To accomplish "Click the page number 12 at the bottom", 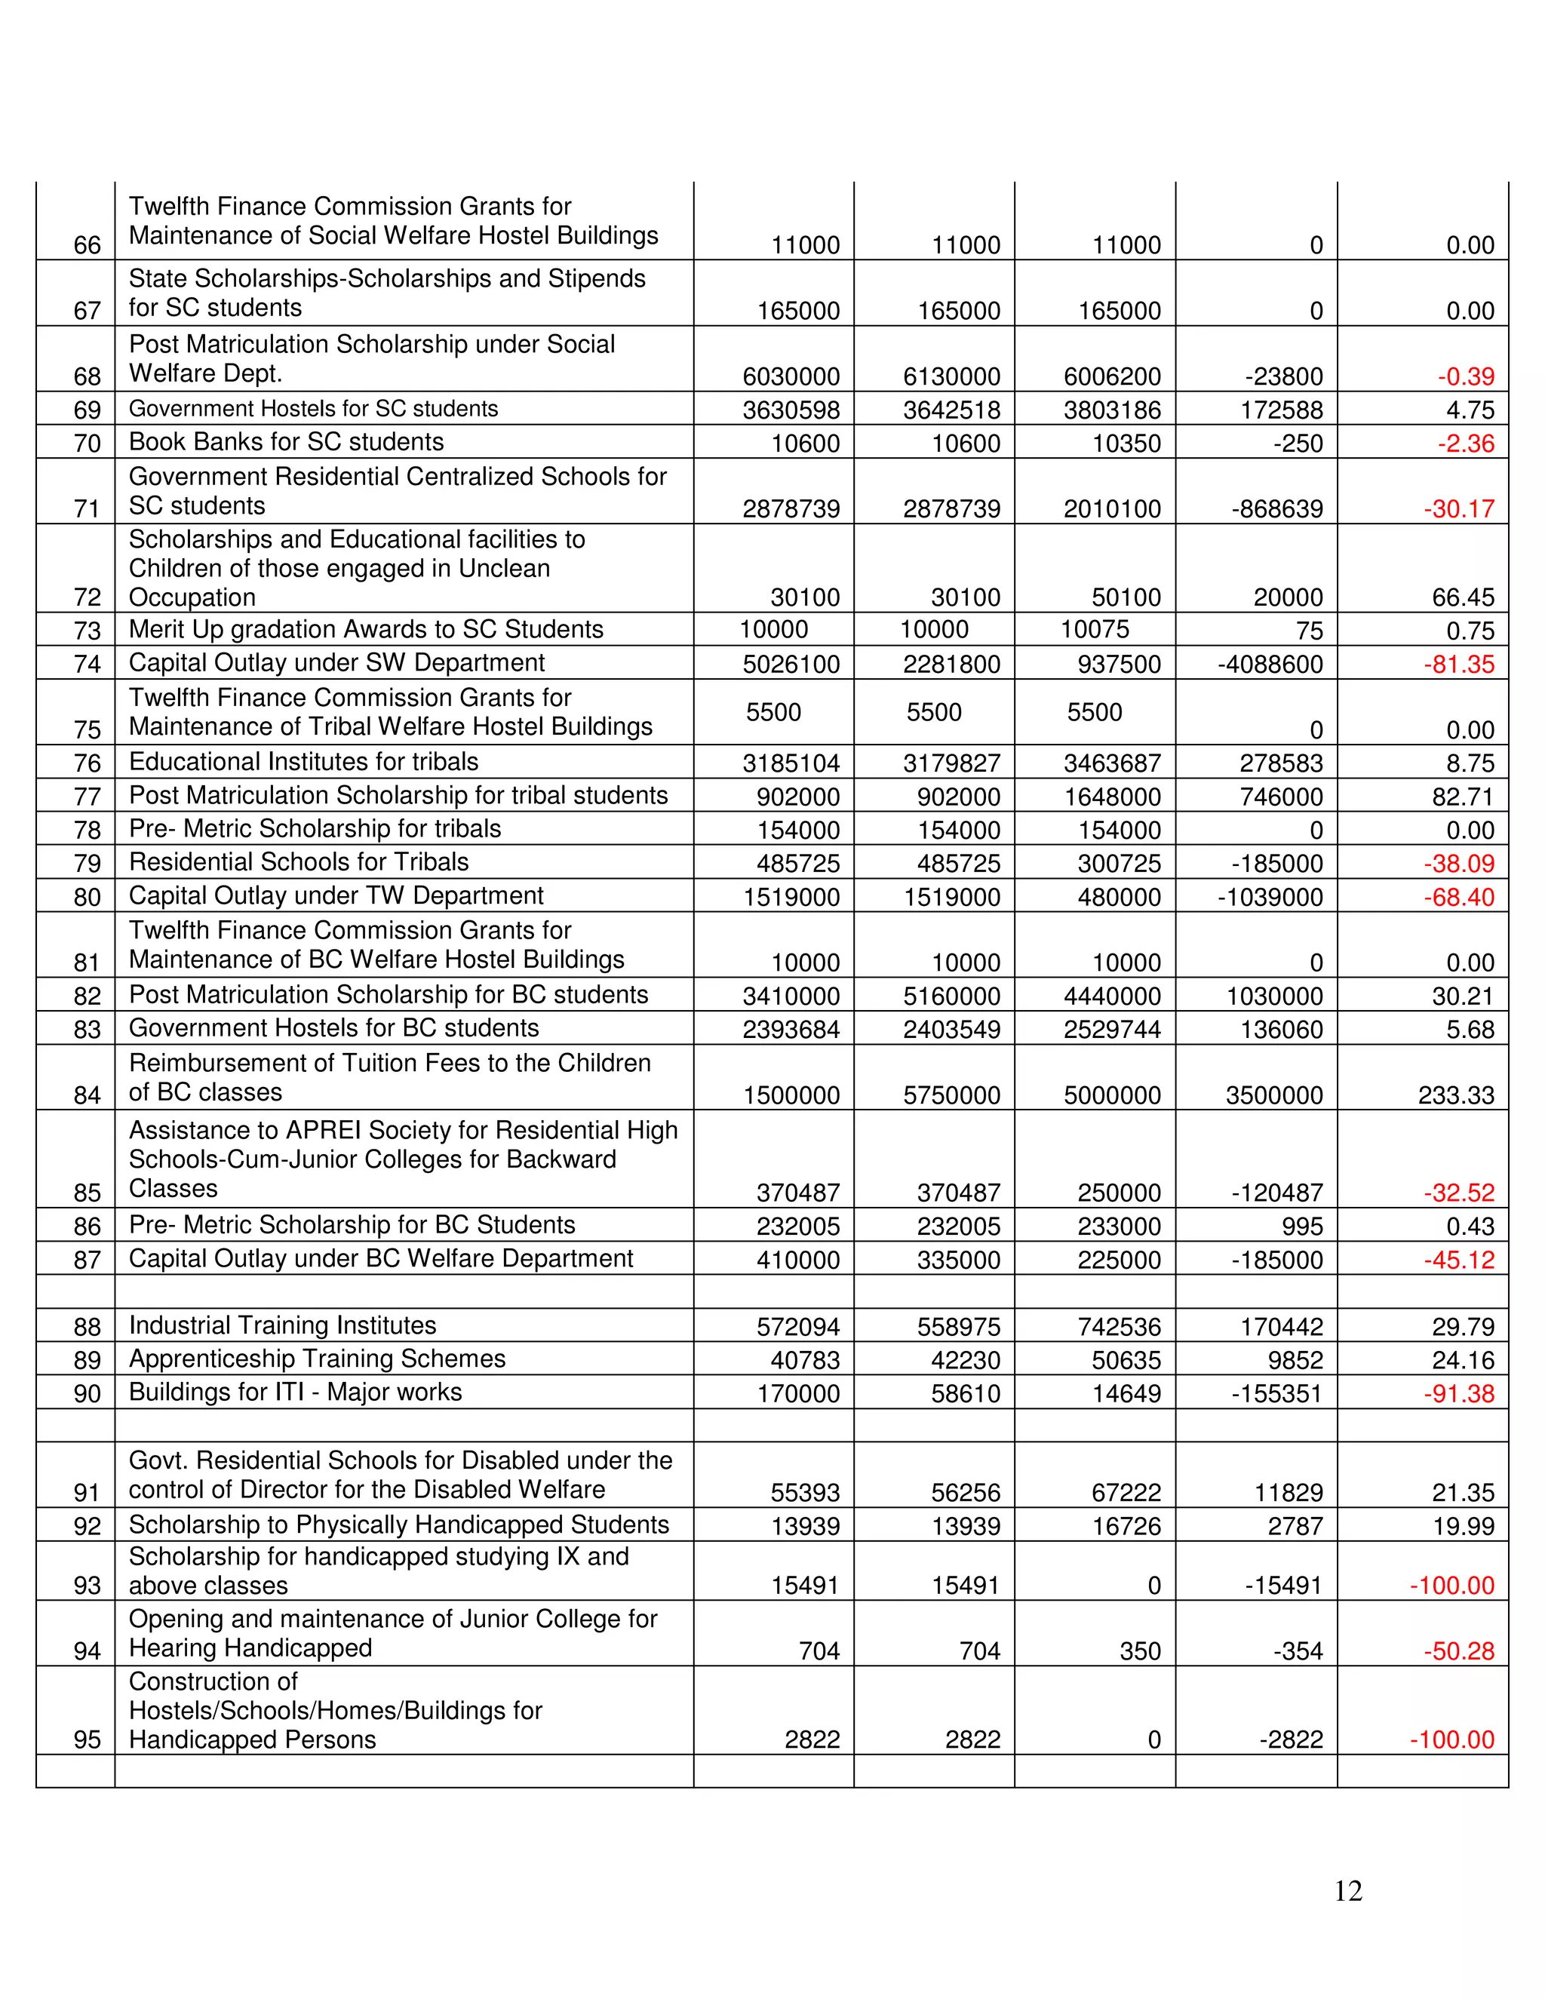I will (x=1347, y=1891).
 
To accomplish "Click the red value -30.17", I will (x=1458, y=509).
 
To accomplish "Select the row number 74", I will (x=87, y=665).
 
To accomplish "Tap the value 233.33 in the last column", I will (x=1455, y=1095).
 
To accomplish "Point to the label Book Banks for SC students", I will (x=286, y=442).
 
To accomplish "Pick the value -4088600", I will (x=1270, y=665).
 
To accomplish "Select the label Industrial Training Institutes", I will (x=282, y=1325).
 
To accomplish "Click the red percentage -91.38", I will (x=1458, y=1394).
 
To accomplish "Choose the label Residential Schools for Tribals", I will (x=299, y=862).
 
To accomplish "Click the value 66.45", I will (x=1463, y=597).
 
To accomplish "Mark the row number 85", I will (x=87, y=1193).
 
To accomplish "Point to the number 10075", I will (x=1094, y=630).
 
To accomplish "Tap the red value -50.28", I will (x=1458, y=1651).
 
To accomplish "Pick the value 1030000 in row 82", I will (x=1273, y=996).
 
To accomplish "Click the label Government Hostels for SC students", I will (x=313, y=409).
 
